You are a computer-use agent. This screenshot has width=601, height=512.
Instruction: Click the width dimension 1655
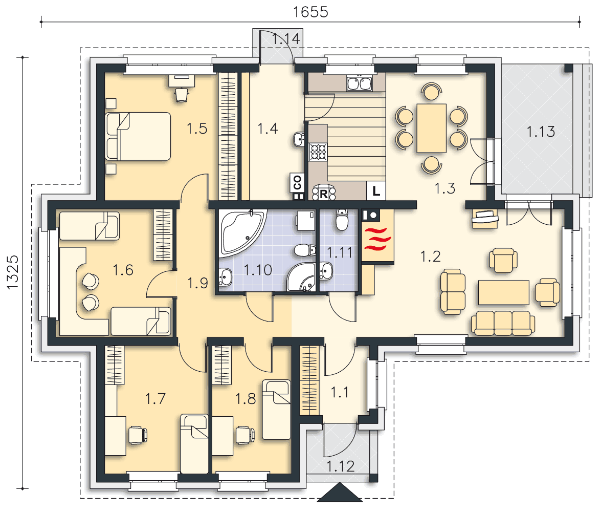coord(310,12)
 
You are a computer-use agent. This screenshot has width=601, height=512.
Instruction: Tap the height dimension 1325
coord(12,272)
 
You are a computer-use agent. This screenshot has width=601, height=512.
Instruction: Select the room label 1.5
coord(197,129)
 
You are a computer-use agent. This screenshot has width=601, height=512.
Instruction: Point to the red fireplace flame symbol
coord(377,239)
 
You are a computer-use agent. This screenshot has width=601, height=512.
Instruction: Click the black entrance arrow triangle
coord(340,493)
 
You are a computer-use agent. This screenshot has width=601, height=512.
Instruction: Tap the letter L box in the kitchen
coord(376,191)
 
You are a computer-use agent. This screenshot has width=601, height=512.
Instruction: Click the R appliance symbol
coord(323,193)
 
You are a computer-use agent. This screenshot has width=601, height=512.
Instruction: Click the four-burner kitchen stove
coord(318,151)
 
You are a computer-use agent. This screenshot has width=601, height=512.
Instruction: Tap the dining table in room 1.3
coord(432,128)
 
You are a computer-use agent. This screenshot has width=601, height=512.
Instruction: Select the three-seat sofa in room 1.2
coord(502,323)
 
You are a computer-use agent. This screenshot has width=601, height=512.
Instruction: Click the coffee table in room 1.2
coord(504,292)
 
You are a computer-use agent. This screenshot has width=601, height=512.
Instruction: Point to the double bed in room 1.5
coord(138,136)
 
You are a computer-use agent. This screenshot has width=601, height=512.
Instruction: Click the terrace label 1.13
coord(541,132)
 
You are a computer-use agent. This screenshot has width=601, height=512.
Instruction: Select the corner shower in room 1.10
coord(301,277)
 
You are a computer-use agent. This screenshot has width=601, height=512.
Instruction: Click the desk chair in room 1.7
coord(137,435)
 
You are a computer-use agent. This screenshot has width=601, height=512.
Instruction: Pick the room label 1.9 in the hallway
coord(197,283)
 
